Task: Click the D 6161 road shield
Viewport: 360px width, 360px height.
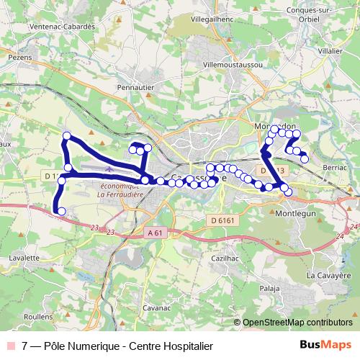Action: pos(225,220)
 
